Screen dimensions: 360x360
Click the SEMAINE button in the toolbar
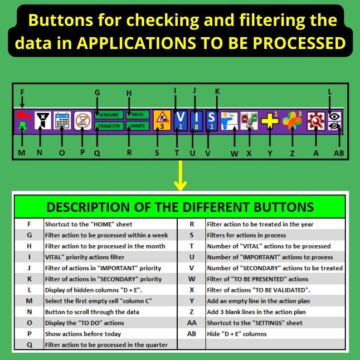108,115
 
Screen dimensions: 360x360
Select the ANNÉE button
137,126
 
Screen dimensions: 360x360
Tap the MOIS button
137,115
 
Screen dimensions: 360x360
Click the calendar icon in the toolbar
62,121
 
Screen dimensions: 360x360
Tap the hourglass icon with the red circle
83,121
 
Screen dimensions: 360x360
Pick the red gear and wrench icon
314,121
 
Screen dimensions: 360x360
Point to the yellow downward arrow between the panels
180,178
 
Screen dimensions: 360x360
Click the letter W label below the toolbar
234,153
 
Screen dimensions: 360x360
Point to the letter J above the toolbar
195,91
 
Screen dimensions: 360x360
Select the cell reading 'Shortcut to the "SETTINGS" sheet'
254,323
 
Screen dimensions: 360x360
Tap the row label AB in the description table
191,334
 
